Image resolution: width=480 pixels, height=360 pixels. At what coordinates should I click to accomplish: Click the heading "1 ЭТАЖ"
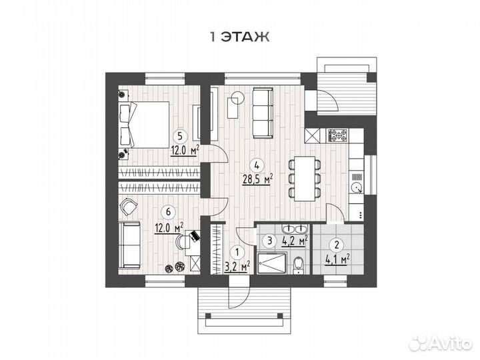239,37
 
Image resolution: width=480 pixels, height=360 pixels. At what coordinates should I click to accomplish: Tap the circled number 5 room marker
180,135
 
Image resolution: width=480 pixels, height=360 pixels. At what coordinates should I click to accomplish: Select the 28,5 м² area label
257,179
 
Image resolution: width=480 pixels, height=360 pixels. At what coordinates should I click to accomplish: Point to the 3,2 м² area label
237,266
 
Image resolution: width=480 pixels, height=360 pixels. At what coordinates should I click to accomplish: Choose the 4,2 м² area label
295,241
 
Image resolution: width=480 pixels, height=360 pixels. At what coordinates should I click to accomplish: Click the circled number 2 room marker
337,245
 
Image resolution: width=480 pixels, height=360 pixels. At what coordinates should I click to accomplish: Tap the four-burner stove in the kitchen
338,135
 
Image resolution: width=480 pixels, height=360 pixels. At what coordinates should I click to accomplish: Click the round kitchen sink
356,187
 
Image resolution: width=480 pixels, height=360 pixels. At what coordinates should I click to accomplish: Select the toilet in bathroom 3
297,265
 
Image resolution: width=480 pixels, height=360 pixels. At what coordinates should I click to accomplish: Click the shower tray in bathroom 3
272,263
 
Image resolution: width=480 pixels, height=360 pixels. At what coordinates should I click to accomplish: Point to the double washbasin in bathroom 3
295,229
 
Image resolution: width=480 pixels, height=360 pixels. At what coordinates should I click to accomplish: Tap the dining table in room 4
305,179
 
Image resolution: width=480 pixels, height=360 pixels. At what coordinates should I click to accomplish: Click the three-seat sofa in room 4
263,113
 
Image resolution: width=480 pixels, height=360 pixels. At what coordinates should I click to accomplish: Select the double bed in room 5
143,124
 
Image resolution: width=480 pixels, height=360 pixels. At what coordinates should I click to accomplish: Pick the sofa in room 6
129,245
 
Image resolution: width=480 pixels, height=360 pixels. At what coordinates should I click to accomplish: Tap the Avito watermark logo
441,343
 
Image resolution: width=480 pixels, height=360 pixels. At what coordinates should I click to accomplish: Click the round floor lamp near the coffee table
237,98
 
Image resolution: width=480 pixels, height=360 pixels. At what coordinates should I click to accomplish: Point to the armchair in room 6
129,207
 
